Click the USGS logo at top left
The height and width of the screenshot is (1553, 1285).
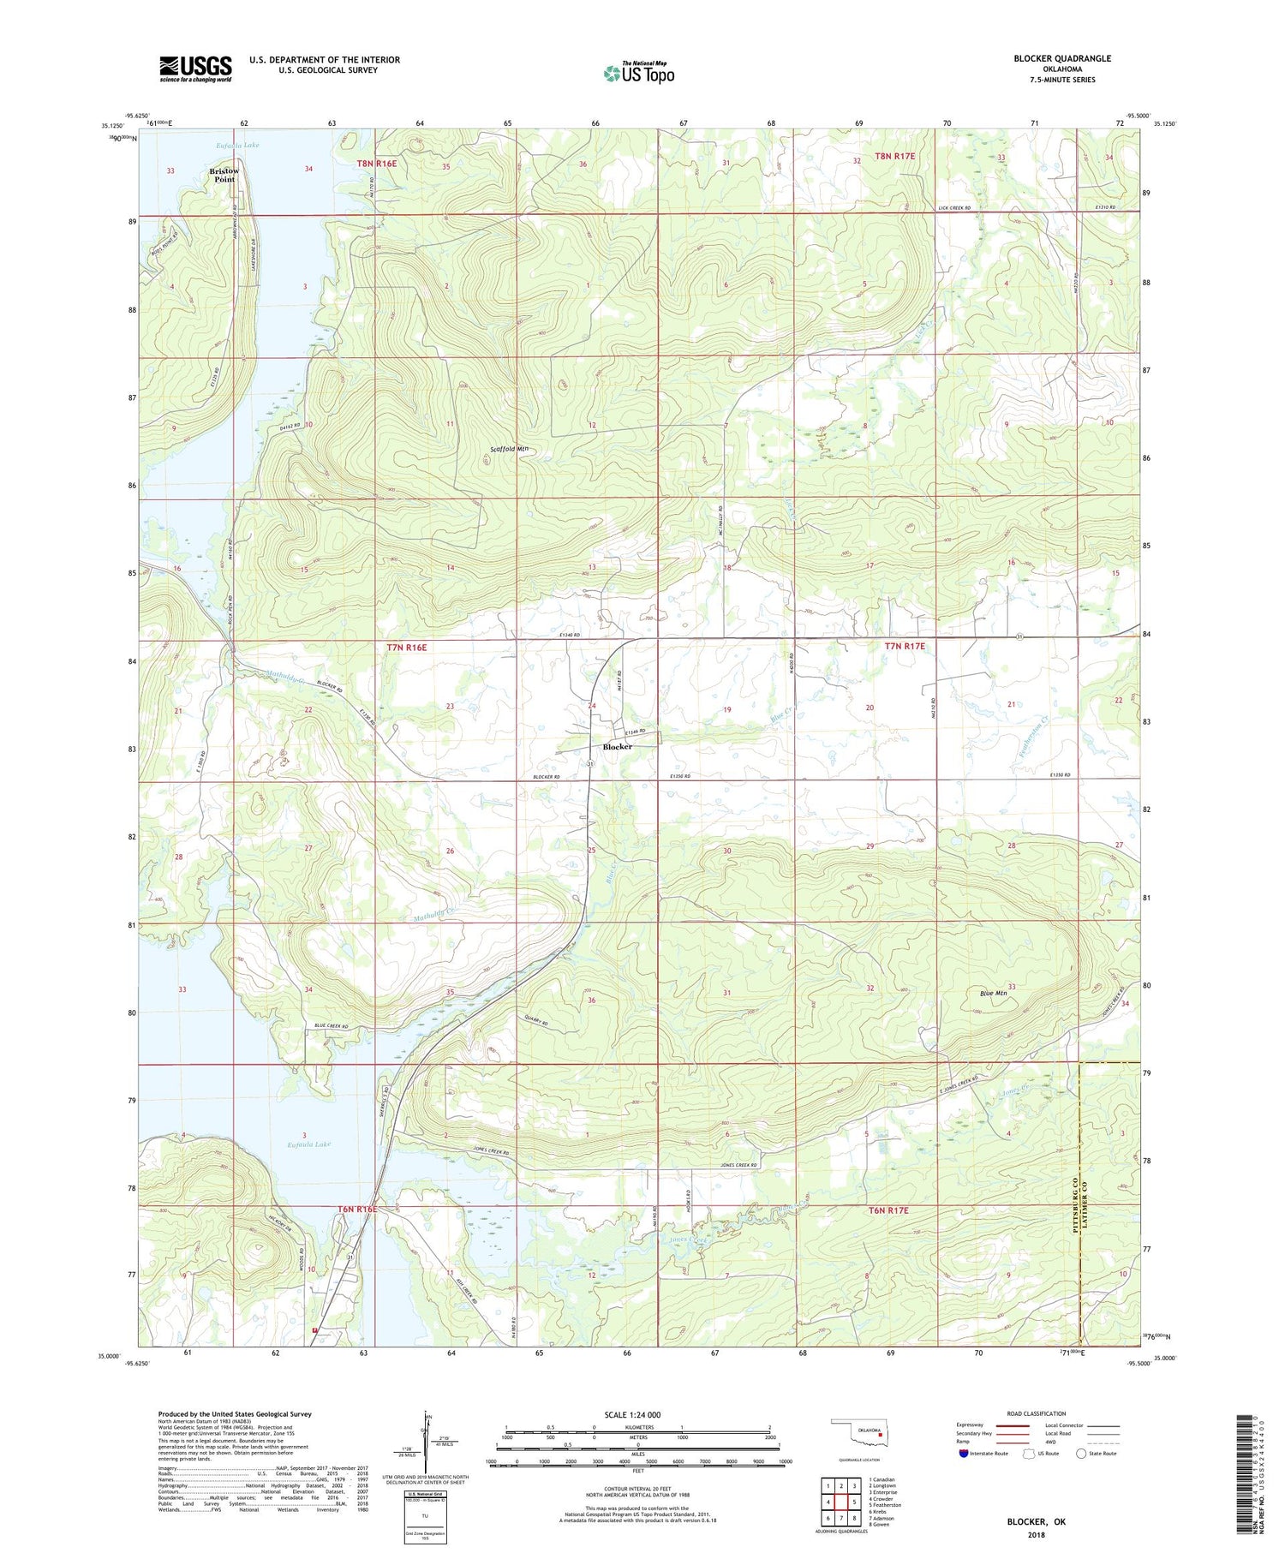click(x=195, y=69)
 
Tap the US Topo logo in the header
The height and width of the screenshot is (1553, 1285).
click(x=639, y=74)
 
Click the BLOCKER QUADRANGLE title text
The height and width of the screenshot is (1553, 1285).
click(x=1062, y=58)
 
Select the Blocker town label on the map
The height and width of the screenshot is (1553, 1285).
click(x=618, y=747)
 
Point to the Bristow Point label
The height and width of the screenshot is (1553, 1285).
click(x=224, y=176)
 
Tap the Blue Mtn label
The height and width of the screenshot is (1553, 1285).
click(x=992, y=993)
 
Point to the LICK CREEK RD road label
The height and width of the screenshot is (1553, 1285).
click(x=953, y=208)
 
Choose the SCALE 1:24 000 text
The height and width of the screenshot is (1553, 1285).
click(x=632, y=1414)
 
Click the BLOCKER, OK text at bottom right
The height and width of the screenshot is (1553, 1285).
click(x=1036, y=1522)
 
